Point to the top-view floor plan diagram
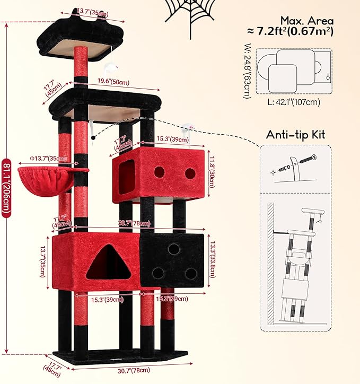295,66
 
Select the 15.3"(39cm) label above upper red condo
172,139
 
